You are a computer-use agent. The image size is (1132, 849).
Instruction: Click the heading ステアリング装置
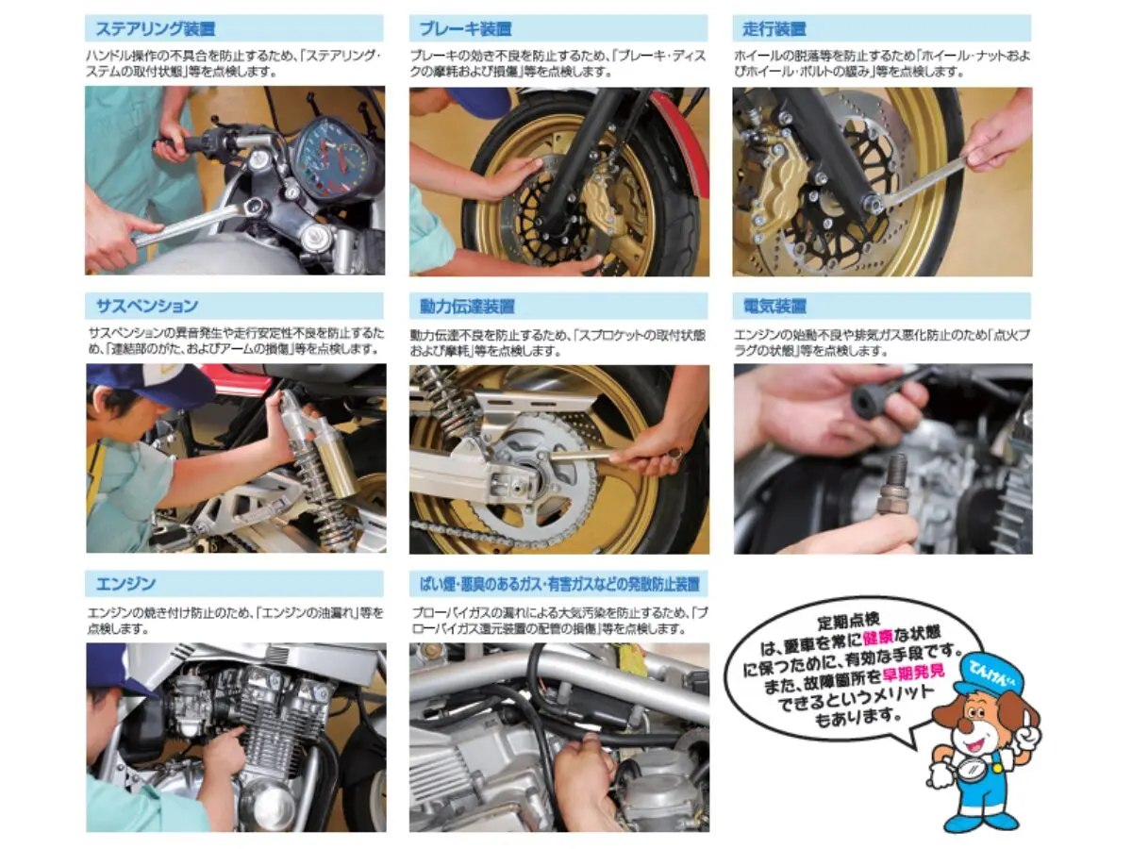(156, 29)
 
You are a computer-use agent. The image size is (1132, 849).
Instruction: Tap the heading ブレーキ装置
(465, 29)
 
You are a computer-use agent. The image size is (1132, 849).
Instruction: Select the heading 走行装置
(774, 29)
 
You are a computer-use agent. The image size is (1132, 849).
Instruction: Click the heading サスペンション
(147, 307)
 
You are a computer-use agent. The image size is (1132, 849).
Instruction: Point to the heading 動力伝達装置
(467, 307)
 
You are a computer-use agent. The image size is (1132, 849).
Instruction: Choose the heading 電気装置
(774, 307)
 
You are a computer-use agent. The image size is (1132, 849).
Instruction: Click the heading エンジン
(125, 584)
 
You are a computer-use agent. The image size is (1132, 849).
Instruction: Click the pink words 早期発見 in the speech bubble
(914, 673)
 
